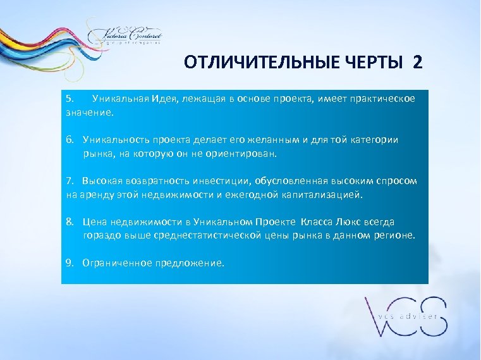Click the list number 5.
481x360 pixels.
(x=70, y=99)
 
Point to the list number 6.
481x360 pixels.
(x=70, y=140)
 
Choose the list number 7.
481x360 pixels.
(x=70, y=181)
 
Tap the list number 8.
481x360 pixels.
(x=70, y=222)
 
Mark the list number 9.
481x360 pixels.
(x=70, y=263)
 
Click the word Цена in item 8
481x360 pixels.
(x=95, y=222)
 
